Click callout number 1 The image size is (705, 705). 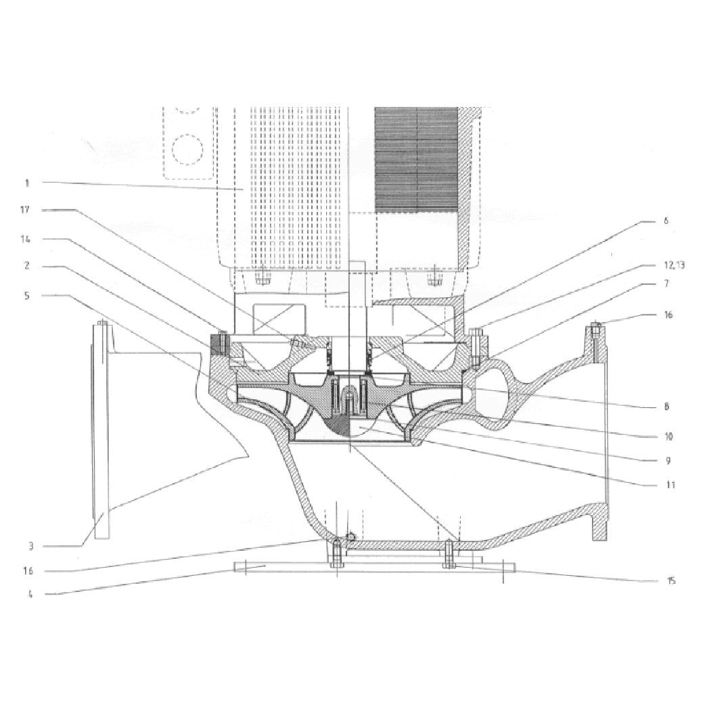pos(27,183)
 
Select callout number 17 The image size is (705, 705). pos(25,210)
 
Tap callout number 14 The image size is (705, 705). pos(26,240)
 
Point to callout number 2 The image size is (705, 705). pos(27,266)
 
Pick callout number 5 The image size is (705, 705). pos(27,296)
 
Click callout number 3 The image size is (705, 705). pos(30,546)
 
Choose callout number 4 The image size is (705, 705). pos(30,594)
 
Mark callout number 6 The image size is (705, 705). pos(666,221)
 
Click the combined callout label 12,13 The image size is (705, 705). pos(675,265)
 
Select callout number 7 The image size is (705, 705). pos(667,283)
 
